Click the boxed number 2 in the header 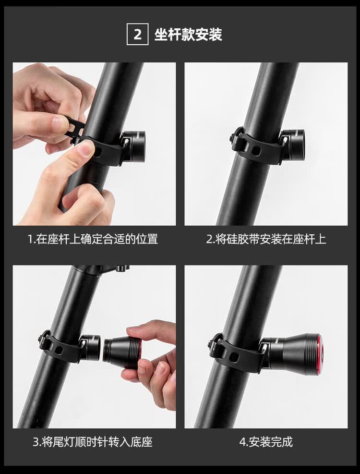[137, 35]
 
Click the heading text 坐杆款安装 [188, 35]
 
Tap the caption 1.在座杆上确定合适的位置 [93, 239]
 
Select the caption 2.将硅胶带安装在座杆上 [266, 239]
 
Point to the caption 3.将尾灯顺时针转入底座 [93, 442]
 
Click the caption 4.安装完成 [266, 442]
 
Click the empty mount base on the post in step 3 [90, 347]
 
